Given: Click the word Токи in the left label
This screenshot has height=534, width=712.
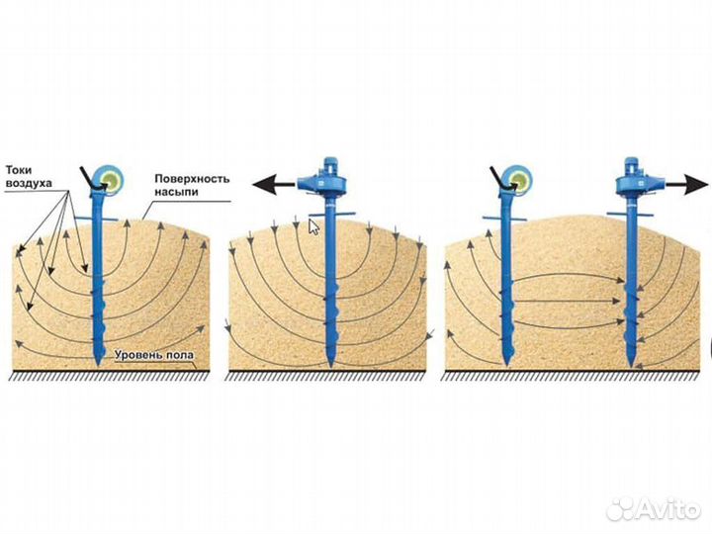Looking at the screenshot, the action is coord(19,170).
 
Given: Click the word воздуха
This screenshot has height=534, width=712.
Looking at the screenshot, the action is coord(29,184).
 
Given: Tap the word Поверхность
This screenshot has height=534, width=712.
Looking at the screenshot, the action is coord(192,178).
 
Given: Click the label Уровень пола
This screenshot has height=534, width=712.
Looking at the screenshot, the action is coord(154,355).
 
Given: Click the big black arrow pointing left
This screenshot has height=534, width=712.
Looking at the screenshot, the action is coord(274,184).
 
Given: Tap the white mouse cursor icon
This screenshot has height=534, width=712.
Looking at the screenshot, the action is coord(313,226).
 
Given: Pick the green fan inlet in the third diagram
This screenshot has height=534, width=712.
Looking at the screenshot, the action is coord(518,180).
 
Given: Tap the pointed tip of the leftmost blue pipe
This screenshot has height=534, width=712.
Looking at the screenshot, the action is coord(98,365).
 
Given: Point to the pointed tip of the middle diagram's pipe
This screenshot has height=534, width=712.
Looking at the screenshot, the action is coord(331,367).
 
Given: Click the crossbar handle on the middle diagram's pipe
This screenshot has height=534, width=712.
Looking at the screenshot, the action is coord(332,214).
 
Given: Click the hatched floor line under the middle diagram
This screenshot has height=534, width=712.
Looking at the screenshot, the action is coord(326,375).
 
